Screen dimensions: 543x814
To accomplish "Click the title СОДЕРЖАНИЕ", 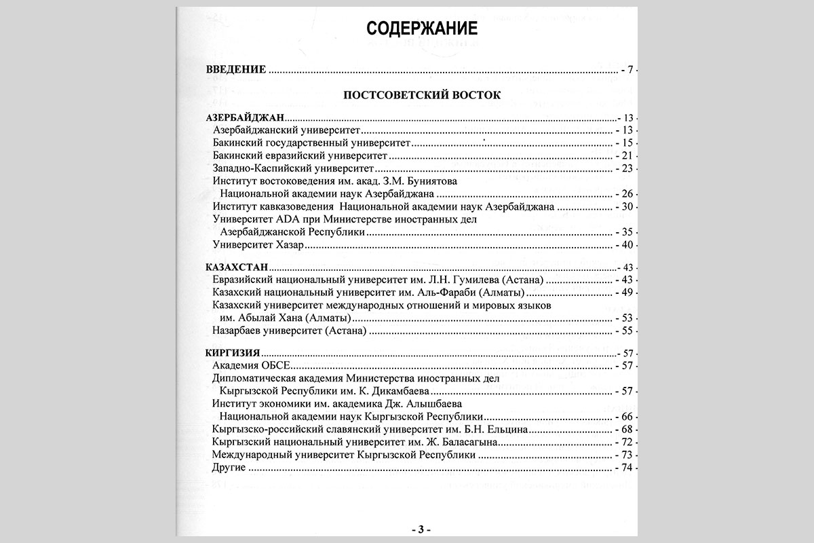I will coord(422,29).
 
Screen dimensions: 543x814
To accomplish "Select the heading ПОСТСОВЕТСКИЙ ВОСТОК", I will coord(422,95).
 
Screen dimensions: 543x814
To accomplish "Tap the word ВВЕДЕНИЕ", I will coord(235,70).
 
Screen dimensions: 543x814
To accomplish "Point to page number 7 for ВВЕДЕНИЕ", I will coord(631,70).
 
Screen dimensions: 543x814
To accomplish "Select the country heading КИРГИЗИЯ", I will coord(233,354).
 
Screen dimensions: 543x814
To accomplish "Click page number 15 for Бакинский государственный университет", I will coord(627,143).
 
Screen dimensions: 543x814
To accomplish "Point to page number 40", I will coord(627,245).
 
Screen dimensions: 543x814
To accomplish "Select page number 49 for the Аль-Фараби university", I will coord(627,293).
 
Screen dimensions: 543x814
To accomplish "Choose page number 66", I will coord(627,417).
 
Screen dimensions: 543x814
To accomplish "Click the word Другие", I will coord(229,469).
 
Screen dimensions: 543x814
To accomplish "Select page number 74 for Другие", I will coord(627,469).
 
